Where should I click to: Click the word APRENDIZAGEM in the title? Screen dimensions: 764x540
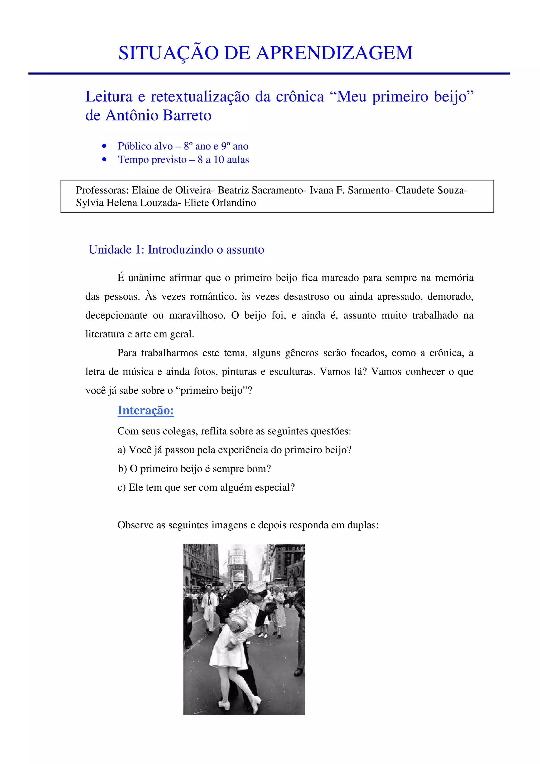tap(334, 53)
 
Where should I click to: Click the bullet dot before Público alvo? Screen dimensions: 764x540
tap(104, 146)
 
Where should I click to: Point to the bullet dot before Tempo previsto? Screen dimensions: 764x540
tap(104, 160)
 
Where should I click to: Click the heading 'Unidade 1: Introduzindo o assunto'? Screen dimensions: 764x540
tap(176, 250)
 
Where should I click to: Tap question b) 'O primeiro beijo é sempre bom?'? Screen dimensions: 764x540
tap(194, 469)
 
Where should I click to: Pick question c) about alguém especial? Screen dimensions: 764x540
tap(206, 488)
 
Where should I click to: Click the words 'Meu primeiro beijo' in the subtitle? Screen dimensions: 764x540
tap(405, 97)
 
